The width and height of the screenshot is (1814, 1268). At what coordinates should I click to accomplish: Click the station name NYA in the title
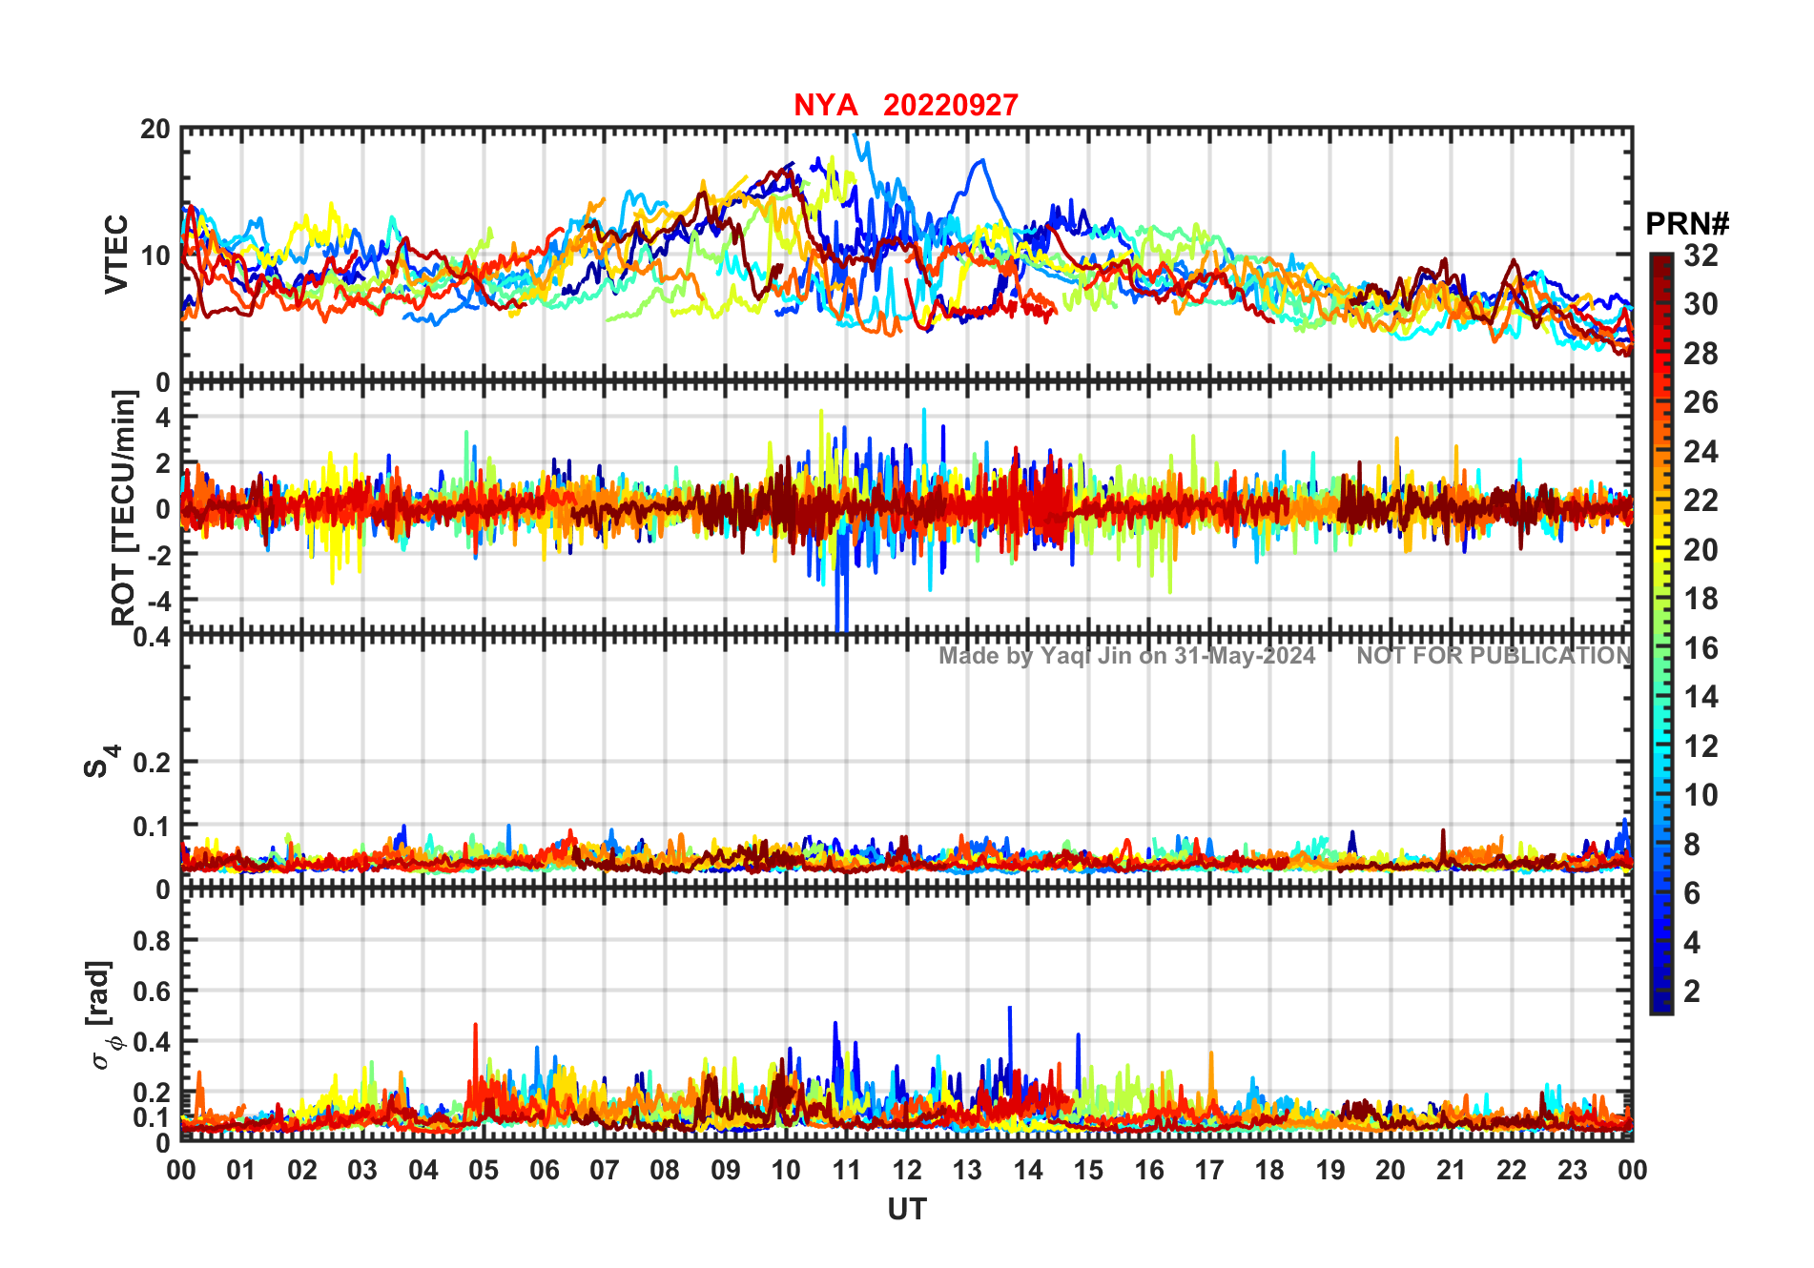(x=825, y=105)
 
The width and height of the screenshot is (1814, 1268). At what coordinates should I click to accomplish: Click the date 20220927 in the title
(x=950, y=105)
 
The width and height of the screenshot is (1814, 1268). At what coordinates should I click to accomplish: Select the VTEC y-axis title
(x=116, y=254)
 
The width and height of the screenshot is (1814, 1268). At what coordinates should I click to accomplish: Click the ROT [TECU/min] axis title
(x=124, y=507)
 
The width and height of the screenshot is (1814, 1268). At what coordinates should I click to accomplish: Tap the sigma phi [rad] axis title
(x=103, y=1015)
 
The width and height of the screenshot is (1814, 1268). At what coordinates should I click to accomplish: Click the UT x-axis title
(x=906, y=1209)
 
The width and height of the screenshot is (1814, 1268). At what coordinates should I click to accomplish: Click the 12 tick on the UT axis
(x=906, y=1170)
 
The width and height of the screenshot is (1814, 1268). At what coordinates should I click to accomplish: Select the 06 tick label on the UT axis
(x=544, y=1170)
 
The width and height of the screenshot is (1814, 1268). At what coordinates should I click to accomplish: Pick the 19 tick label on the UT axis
(x=1330, y=1170)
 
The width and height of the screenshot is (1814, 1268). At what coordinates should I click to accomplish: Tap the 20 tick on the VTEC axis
(x=155, y=129)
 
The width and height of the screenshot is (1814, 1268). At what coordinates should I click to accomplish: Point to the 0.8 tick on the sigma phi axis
(x=153, y=940)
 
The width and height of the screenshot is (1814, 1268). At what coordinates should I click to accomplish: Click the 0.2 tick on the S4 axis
(x=153, y=762)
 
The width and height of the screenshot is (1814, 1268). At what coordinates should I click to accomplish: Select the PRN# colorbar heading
(x=1687, y=224)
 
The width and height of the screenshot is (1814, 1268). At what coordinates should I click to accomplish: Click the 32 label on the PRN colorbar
(x=1701, y=256)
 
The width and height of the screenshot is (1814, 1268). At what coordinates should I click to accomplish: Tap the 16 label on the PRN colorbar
(x=1701, y=648)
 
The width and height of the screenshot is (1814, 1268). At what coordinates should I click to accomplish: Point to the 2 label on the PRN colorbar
(x=1692, y=992)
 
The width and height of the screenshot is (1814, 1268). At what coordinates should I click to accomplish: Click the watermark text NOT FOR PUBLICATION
(x=1494, y=656)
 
